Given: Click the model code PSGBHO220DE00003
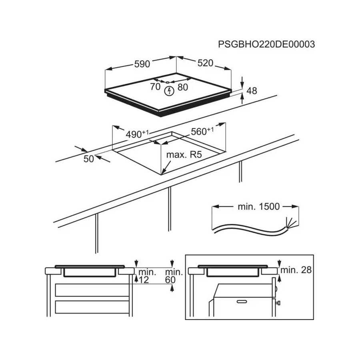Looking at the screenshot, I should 266,44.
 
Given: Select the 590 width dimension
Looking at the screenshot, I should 141,64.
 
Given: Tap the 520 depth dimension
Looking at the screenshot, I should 205,63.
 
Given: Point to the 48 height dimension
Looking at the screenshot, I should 251,91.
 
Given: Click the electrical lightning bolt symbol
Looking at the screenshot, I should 170,91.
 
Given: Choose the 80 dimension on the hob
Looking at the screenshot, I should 182,87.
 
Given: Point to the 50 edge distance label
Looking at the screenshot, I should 89,159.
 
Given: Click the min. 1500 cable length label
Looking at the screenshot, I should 256,207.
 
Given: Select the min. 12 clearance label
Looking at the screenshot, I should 144,276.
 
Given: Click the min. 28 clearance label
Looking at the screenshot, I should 296,270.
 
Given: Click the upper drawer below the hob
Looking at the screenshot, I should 92,290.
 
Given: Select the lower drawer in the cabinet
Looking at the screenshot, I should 92,306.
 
